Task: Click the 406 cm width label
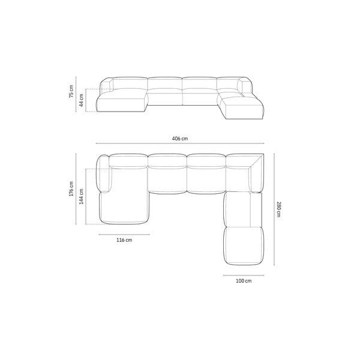click(180, 139)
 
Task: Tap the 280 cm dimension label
click(278, 209)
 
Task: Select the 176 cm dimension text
click(71, 189)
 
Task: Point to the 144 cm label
click(81, 197)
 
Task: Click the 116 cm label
click(124, 240)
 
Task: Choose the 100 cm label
click(244, 281)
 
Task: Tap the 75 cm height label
click(71, 91)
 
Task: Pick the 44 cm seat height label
click(81, 100)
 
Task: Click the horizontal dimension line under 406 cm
click(180, 143)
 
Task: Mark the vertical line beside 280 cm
click(274, 209)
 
